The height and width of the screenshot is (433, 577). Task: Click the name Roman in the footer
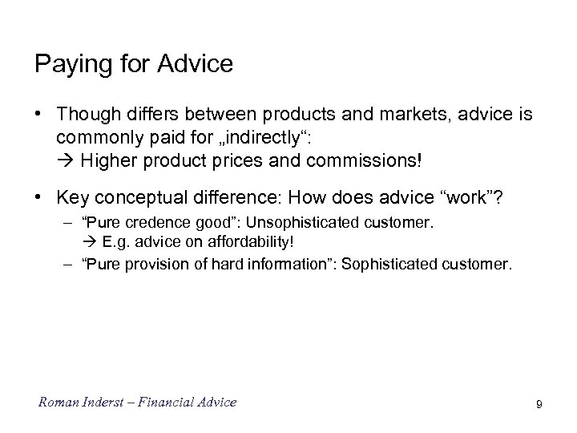56,402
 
